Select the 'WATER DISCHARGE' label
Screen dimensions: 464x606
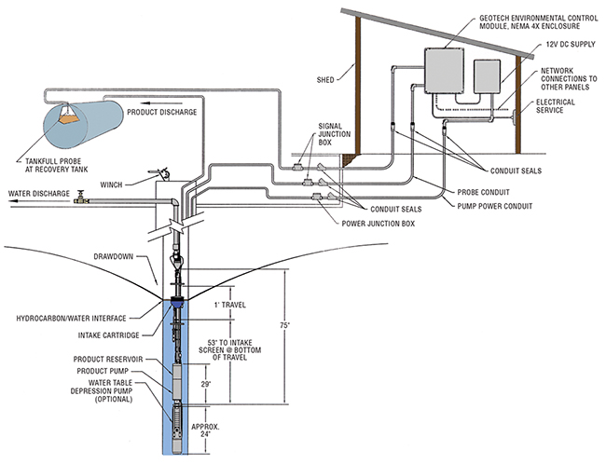pos(37,194)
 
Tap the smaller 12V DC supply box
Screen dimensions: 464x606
pos(489,78)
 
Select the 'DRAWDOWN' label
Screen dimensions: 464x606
pos(118,257)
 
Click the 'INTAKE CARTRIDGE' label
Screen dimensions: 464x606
pos(108,334)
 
